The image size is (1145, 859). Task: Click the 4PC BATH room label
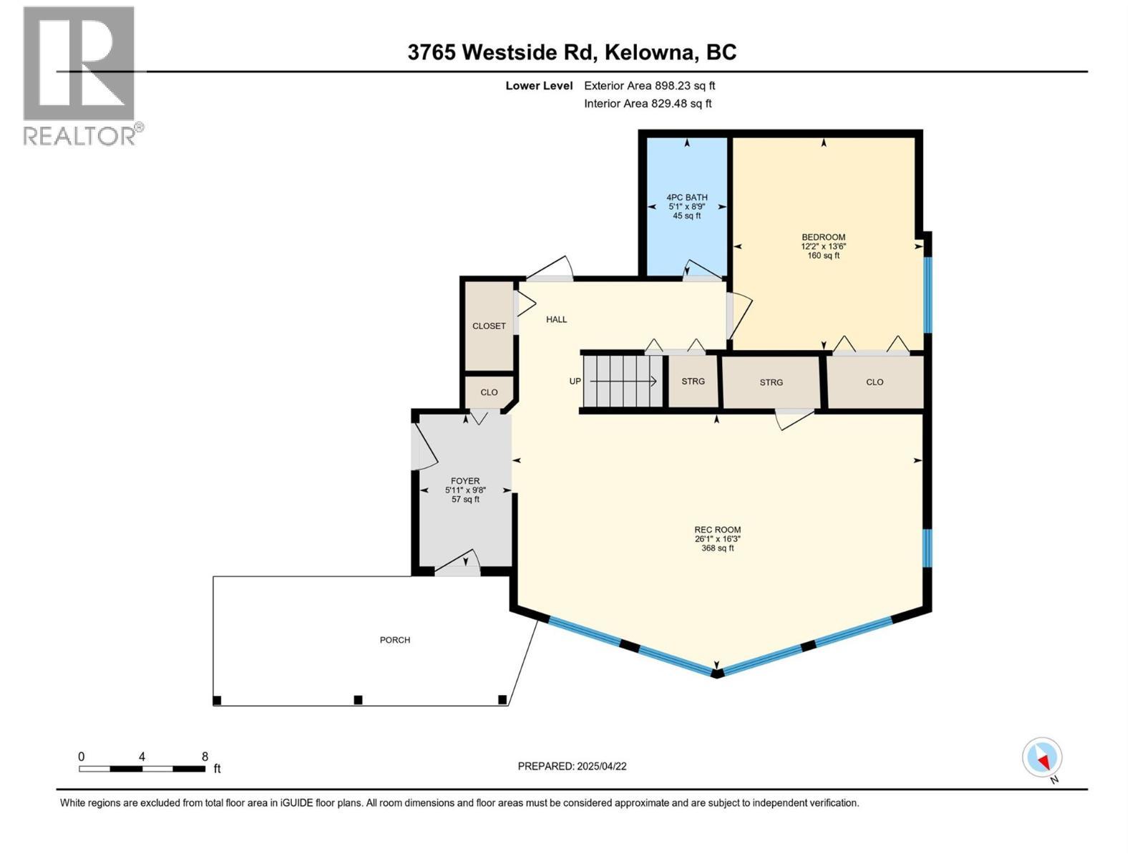coord(686,198)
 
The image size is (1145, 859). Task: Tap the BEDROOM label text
coord(823,238)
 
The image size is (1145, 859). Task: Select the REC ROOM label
coord(717,530)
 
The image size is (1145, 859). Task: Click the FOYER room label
coord(465,482)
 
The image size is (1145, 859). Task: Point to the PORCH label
coord(395,640)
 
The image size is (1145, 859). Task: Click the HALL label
coord(556,320)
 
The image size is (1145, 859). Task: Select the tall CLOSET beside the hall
coord(489,326)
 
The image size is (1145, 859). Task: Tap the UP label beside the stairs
coord(575,382)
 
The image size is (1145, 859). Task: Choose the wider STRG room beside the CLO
coord(771,383)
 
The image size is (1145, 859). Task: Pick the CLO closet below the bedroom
coord(874,382)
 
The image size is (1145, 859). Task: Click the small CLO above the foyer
coord(489,392)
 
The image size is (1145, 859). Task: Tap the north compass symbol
coord(1042,758)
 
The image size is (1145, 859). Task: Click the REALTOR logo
coord(80,75)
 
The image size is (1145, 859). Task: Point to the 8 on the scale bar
coord(205,757)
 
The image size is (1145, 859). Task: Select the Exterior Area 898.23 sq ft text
coord(649,86)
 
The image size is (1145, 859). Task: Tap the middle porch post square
coord(359,700)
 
